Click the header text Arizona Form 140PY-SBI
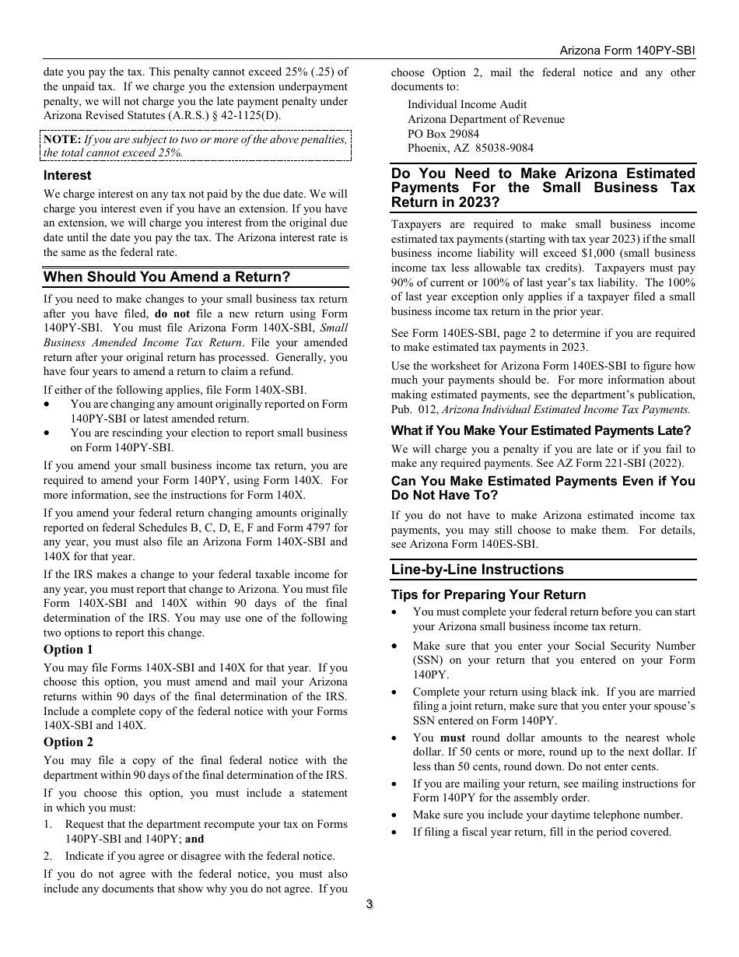click(627, 50)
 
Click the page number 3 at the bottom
click(369, 904)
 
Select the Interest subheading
click(67, 176)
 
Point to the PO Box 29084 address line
click(443, 134)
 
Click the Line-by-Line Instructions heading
click(477, 570)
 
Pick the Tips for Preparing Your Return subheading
click(488, 595)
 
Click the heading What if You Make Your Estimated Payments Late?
click(541, 431)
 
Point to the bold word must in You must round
click(453, 738)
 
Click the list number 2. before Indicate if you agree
click(48, 856)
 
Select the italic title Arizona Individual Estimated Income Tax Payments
click(566, 409)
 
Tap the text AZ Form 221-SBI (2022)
click(618, 463)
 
